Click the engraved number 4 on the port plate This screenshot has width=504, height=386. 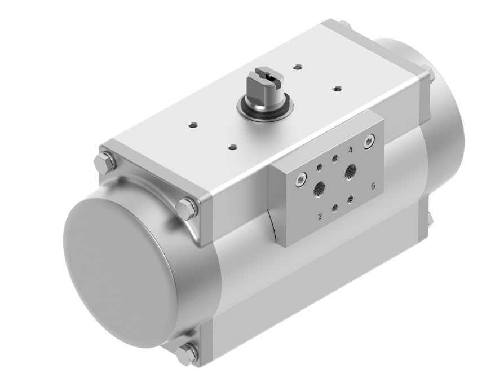click(351, 150)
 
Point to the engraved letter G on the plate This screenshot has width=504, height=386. click(373, 186)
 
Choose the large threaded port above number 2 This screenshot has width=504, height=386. click(319, 188)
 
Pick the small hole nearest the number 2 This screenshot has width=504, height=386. click(334, 208)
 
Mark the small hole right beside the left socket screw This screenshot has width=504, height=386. click(320, 167)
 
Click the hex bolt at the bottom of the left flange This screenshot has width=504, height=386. click(187, 354)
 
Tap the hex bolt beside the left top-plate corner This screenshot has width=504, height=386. click(187, 208)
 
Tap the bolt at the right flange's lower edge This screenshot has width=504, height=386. click(430, 219)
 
